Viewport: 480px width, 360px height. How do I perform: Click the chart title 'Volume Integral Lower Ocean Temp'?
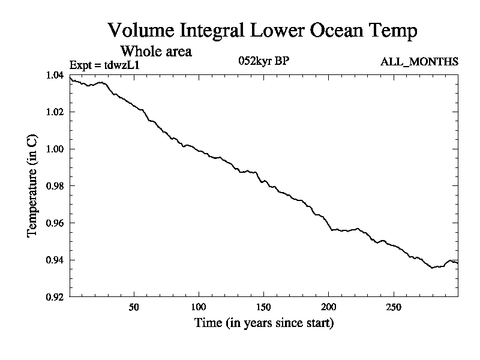click(262, 31)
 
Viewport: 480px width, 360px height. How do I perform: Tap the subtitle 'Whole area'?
click(156, 51)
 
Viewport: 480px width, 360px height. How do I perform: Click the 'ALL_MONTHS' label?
click(419, 62)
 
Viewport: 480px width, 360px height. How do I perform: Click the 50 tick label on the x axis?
click(134, 307)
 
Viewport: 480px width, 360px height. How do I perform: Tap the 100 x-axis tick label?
click(199, 307)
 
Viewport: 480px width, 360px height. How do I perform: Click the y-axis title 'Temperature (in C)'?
click(32, 186)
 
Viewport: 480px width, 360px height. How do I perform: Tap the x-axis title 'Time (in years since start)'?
click(263, 323)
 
